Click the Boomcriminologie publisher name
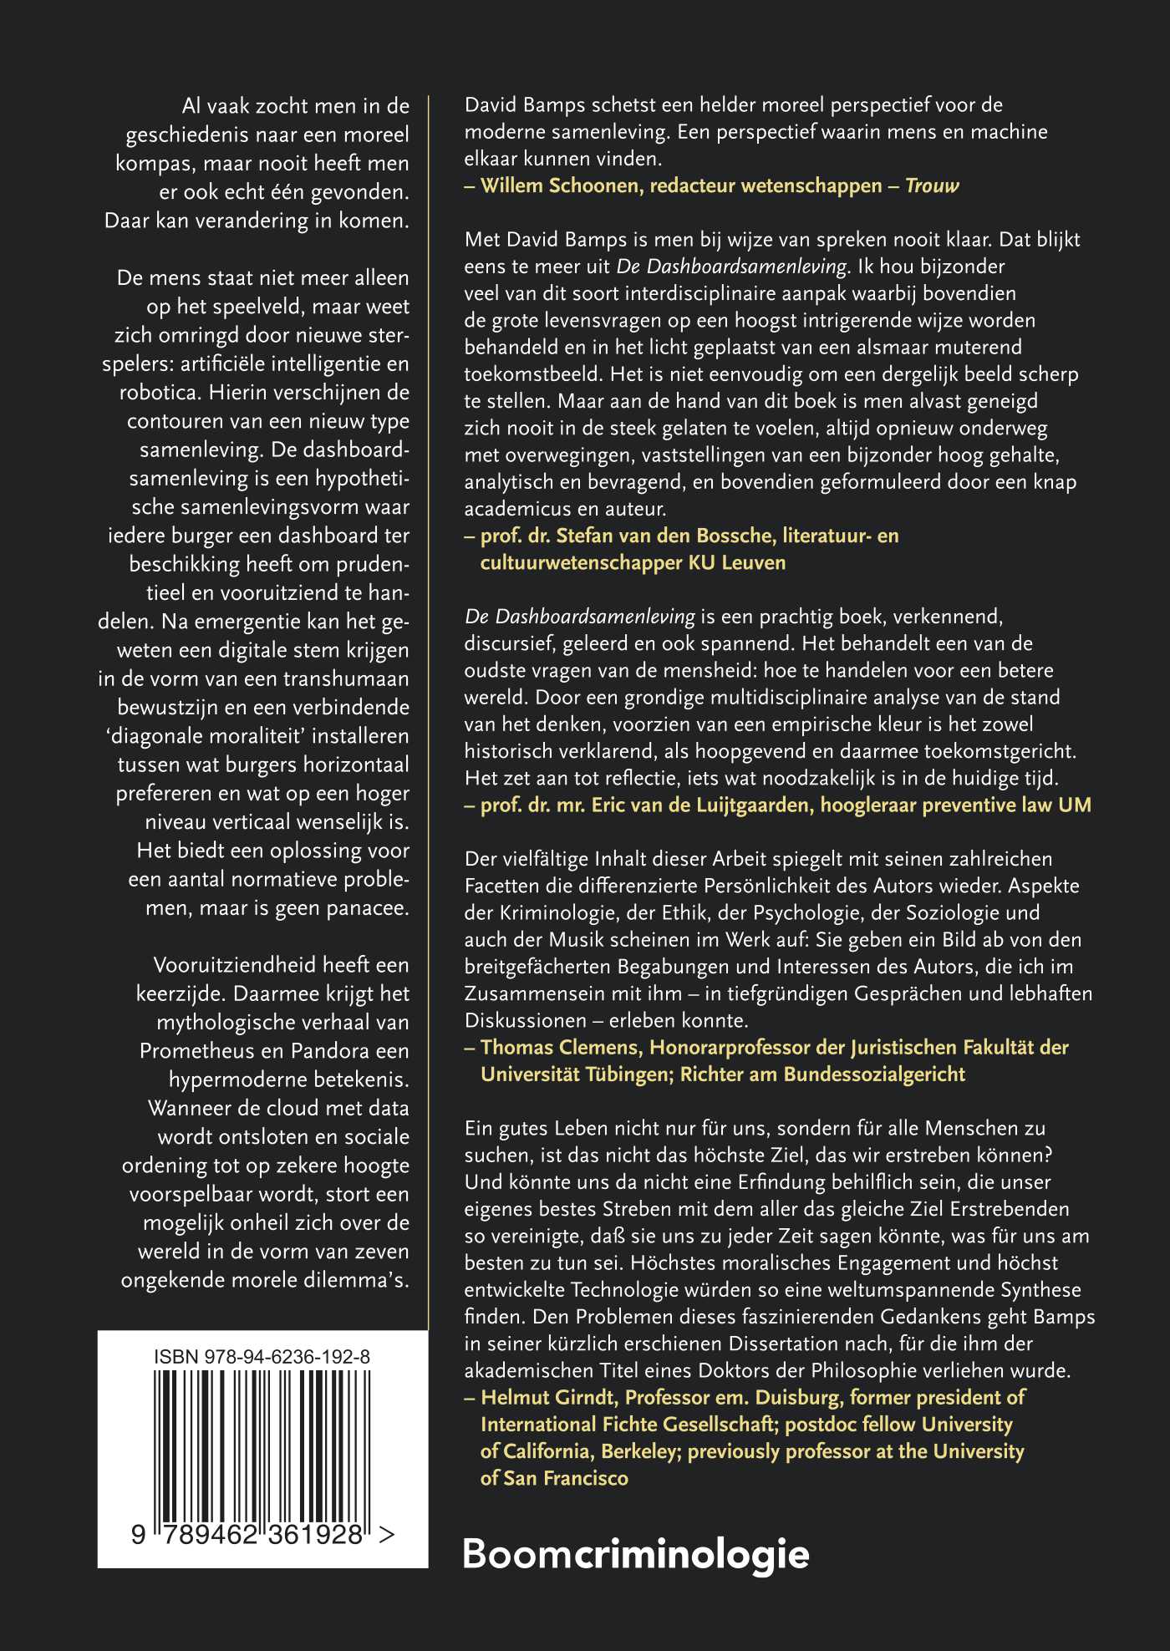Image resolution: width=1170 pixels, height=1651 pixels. (635, 1555)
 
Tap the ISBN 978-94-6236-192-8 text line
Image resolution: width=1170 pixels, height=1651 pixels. (262, 1357)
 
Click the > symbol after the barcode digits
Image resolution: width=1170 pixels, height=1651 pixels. (387, 1535)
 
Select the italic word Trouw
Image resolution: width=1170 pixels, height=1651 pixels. (932, 185)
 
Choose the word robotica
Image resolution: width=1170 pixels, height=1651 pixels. (160, 393)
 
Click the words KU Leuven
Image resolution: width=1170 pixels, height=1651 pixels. (737, 562)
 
